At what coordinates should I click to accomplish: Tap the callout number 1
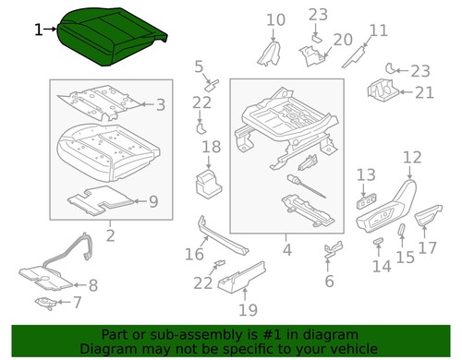pos(38,30)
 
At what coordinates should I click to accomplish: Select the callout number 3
pos(160,105)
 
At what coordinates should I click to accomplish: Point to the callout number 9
pos(153,200)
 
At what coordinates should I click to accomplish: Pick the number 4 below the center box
pos(286,249)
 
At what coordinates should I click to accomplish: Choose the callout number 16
pos(194,254)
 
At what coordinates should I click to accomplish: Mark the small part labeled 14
pos(378,243)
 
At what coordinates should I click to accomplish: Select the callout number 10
pos(276,19)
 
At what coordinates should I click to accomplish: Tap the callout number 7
pos(77,302)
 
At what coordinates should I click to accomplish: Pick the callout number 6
pos(329,281)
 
